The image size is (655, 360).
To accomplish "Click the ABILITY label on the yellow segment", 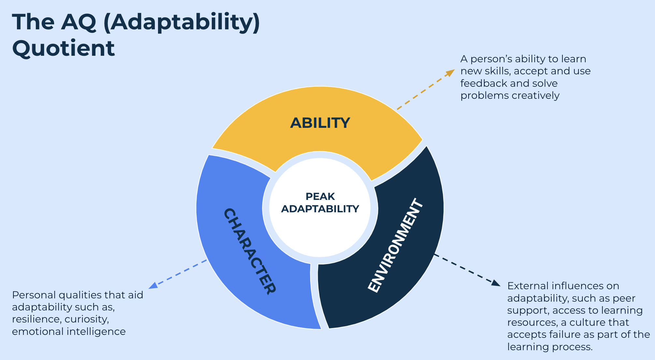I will coord(320,123).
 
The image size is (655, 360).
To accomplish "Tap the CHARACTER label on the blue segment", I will coord(250,251).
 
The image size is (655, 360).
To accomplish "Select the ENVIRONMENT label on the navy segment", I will coord(396,246).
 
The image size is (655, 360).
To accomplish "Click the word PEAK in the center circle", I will coord(320,196).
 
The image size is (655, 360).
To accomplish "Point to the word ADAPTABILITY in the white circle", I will coord(320,209).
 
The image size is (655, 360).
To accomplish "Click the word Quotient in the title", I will coord(64,48).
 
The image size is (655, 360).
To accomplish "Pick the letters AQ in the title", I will coord(79,22).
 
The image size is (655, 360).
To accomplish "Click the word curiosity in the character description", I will coord(87,319).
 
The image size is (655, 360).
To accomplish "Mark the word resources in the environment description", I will coord(532,322).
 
